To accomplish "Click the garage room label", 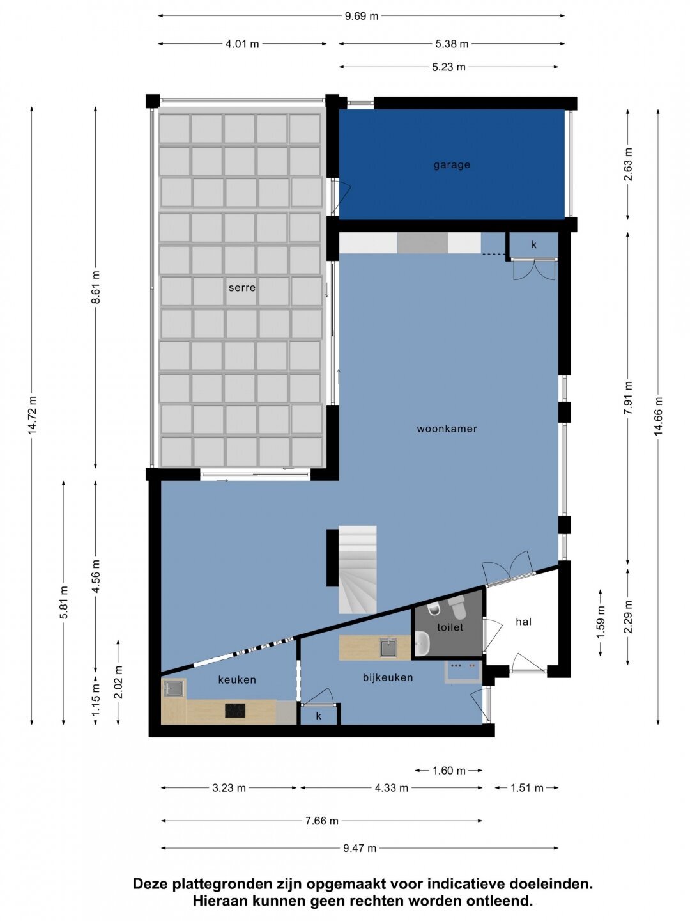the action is coord(452,165).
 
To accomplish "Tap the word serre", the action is coord(242,288).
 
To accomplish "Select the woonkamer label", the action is coord(447,429).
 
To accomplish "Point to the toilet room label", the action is coord(450,627).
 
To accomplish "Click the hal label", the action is coord(524,622).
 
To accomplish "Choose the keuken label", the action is coord(237,680).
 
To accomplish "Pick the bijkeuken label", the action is coord(388,677).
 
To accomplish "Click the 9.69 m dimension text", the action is coord(362,16).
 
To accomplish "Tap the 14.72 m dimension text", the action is coord(33,414).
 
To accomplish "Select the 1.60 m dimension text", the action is coord(449,770).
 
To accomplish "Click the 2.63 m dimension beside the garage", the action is coord(628,164).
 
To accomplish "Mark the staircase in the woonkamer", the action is coord(357,570).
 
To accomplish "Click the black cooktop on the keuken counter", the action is coord(235,711).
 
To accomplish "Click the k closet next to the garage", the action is coord(533,245).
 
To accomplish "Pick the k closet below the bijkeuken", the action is coord(319,716).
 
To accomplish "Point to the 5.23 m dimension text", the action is coord(448,67).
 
